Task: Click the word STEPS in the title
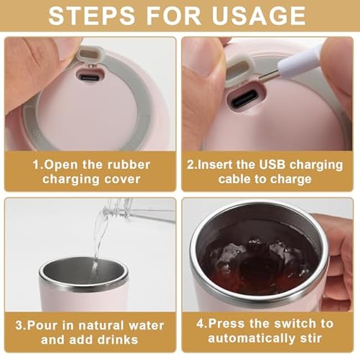(x=92, y=16)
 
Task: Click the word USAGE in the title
(x=259, y=16)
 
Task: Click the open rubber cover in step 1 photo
(x=90, y=55)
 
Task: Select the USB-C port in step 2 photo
(x=244, y=99)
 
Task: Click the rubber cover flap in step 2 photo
(x=239, y=71)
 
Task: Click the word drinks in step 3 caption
(x=117, y=340)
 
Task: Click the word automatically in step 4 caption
(x=251, y=338)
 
